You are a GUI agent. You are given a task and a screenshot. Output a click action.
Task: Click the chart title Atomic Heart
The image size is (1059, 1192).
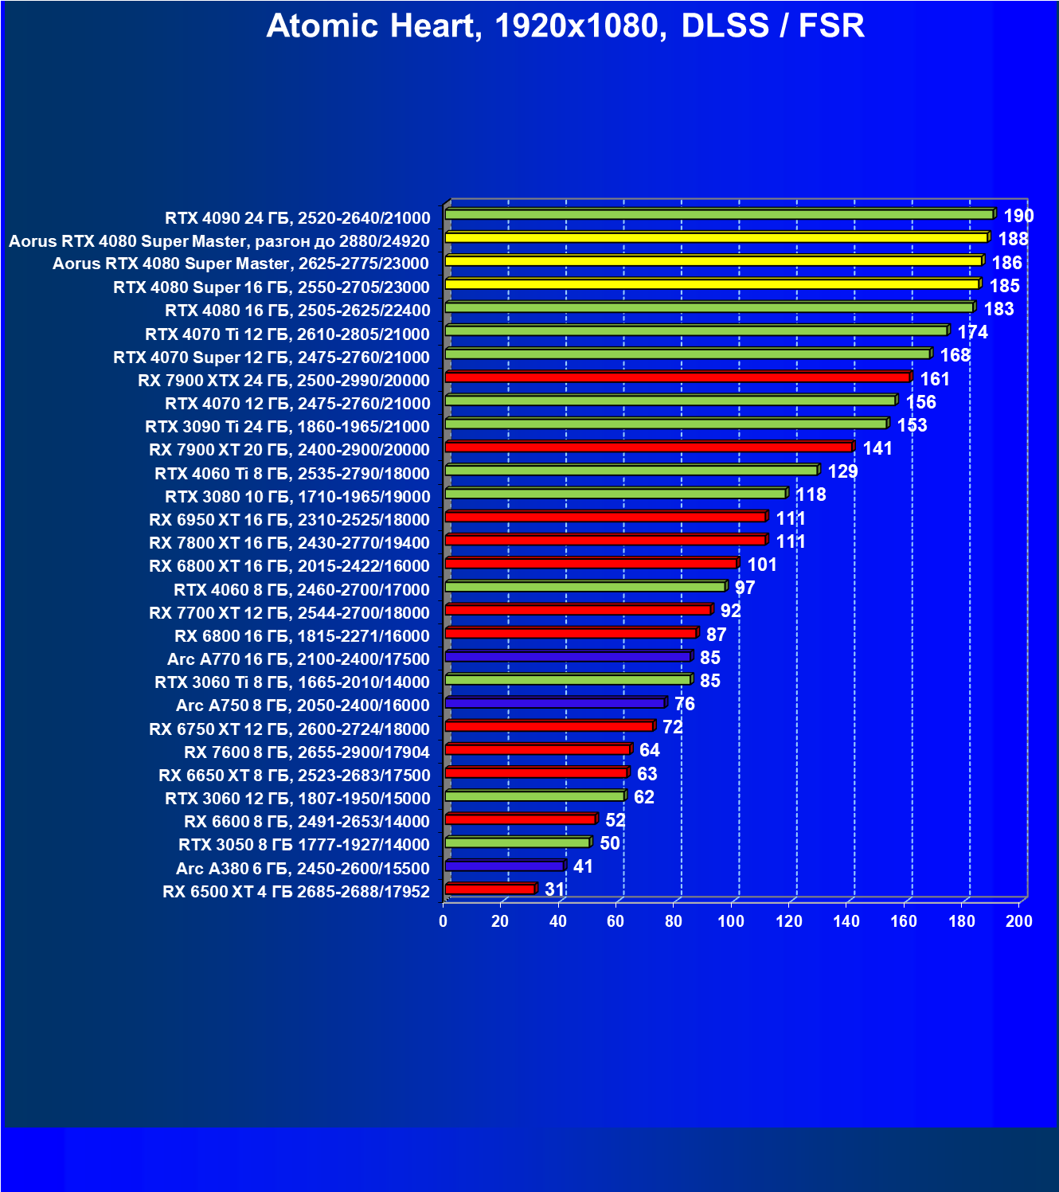click(x=565, y=26)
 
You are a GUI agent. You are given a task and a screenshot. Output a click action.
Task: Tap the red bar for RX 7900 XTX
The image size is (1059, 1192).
click(x=677, y=377)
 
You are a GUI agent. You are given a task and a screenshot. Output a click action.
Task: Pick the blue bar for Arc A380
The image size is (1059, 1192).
click(x=505, y=866)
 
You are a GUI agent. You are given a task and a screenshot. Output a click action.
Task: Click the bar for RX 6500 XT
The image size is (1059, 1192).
click(x=490, y=889)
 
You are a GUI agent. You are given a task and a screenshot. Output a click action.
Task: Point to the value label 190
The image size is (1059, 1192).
click(x=1018, y=216)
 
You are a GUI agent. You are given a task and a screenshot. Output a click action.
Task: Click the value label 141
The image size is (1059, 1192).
click(x=877, y=448)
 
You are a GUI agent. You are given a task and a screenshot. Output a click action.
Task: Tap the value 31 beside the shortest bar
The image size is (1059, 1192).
click(x=554, y=889)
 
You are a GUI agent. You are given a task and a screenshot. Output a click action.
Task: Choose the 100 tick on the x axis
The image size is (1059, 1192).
click(x=731, y=921)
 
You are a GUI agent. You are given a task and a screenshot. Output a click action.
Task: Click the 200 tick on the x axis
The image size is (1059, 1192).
click(x=1019, y=921)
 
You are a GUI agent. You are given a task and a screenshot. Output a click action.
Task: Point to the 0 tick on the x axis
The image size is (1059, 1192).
click(x=444, y=921)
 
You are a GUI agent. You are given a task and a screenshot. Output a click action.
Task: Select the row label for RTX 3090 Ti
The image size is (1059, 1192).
click(x=287, y=427)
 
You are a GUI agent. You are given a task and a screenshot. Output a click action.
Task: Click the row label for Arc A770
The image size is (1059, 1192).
click(x=299, y=659)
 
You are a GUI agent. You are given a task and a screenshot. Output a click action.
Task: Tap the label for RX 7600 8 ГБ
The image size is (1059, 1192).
click(x=307, y=752)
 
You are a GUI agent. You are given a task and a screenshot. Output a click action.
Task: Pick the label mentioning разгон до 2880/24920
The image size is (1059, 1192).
click(x=219, y=241)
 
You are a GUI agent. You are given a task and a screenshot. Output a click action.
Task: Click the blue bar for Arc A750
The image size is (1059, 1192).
click(x=555, y=702)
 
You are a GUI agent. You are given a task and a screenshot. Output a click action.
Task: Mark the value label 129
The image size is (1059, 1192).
click(x=842, y=471)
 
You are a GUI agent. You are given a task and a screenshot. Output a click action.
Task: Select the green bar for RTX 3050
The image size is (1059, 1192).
click(x=518, y=842)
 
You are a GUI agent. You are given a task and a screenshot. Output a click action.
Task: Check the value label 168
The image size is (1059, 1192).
click(x=955, y=355)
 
